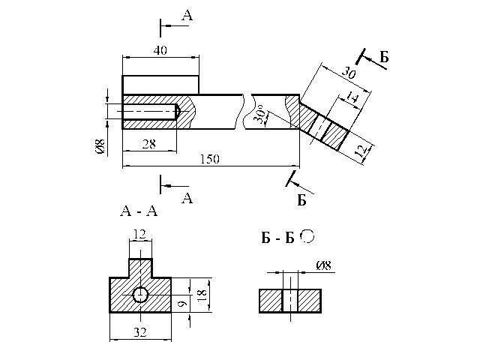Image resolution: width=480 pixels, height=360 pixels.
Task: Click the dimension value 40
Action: click(x=160, y=50)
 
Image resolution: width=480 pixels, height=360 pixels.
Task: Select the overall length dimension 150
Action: click(x=210, y=159)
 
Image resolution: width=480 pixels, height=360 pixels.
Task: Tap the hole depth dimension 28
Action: click(x=149, y=144)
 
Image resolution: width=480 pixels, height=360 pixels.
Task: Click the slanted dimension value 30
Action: click(x=349, y=73)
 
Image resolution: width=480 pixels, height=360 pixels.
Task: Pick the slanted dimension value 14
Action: click(x=352, y=97)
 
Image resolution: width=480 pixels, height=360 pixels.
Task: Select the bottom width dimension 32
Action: click(x=140, y=332)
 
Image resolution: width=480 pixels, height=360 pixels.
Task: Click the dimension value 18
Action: click(x=202, y=295)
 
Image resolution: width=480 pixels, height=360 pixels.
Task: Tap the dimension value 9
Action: click(x=181, y=303)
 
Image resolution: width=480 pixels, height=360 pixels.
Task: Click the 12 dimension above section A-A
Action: click(x=139, y=234)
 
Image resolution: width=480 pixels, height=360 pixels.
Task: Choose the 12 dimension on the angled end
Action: click(x=363, y=151)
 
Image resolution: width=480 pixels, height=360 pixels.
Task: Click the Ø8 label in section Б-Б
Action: click(x=323, y=265)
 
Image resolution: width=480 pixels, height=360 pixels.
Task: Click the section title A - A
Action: click(x=139, y=211)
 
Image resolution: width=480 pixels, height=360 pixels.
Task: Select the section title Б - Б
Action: click(x=277, y=238)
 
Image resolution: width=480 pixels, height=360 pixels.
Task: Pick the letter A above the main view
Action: click(x=187, y=15)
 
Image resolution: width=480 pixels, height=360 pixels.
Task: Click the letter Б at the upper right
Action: click(x=384, y=57)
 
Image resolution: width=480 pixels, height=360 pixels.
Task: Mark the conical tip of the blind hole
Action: click(x=178, y=112)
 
